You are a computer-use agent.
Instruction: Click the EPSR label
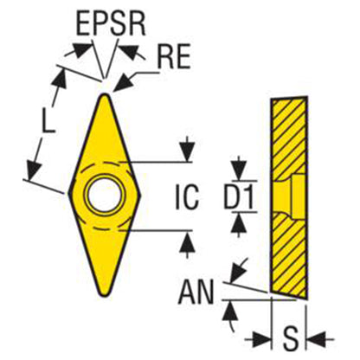[111, 24]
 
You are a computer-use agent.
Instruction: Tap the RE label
[174, 56]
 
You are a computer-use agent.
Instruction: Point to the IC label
[187, 196]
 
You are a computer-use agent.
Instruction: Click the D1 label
[239, 196]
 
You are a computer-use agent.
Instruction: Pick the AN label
[196, 292]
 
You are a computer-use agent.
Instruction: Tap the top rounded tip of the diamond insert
[105, 95]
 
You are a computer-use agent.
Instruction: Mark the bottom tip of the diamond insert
[104, 295]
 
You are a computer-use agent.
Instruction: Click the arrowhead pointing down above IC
[188, 152]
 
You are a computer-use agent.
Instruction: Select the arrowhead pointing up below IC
[188, 241]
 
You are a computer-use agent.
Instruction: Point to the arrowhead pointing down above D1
[239, 170]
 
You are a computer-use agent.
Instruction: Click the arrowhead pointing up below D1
[239, 222]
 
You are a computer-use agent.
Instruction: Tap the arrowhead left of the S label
[262, 339]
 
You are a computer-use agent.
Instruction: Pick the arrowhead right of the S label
[316, 339]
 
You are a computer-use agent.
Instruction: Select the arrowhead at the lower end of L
[33, 170]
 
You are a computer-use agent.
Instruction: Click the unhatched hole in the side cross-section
[289, 196]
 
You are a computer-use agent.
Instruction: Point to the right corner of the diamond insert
[140, 196]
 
